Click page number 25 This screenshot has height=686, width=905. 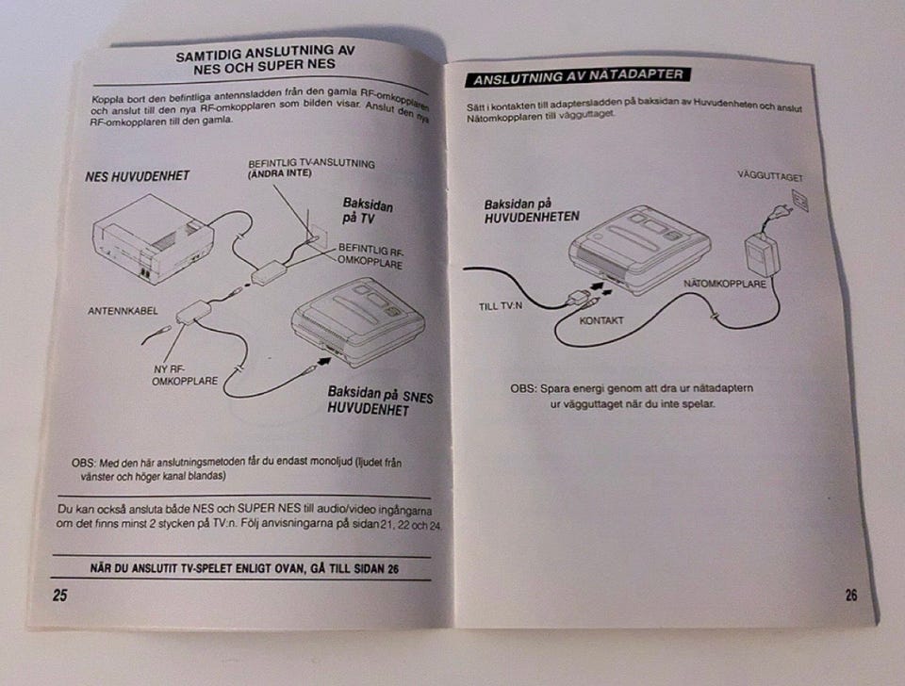click(x=60, y=595)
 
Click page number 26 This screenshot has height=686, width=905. click(x=851, y=595)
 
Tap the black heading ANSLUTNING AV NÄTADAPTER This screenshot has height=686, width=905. click(x=578, y=76)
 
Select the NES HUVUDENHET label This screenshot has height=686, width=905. click(x=138, y=176)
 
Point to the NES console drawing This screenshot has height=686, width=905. click(x=153, y=238)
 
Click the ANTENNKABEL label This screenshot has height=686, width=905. click(x=123, y=311)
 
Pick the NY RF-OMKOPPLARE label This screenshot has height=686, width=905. click(x=185, y=375)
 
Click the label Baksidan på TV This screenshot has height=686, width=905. click(x=368, y=210)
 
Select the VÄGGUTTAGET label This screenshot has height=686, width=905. click(x=770, y=176)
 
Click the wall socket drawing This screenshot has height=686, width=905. click(x=799, y=201)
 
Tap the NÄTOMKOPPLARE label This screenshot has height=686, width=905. click(x=725, y=284)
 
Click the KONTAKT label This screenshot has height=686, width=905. click(x=601, y=320)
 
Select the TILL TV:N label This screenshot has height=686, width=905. click(x=501, y=306)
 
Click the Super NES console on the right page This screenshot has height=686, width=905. click(x=639, y=250)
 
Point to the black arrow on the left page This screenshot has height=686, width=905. click(x=324, y=361)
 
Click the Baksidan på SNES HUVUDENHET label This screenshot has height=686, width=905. click(x=380, y=401)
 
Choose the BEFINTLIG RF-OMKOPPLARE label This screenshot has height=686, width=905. click(x=370, y=256)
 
